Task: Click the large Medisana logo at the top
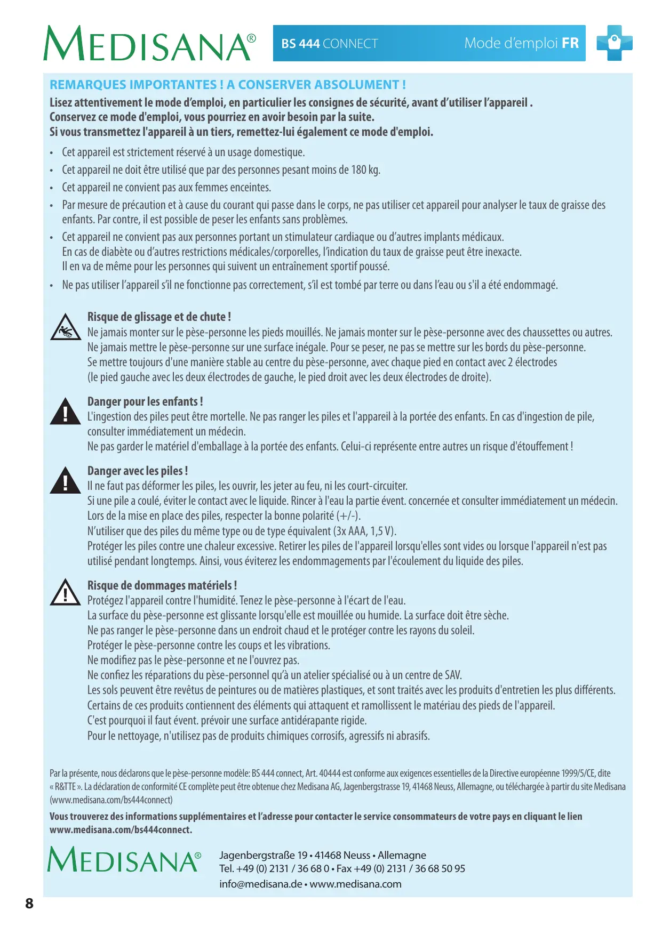pos(149,44)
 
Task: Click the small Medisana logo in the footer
pos(124,859)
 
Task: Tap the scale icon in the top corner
pos(615,43)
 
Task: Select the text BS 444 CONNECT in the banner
pos(330,44)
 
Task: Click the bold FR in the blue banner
pos(570,43)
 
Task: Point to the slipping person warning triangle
pos(65,327)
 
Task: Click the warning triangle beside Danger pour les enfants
pos(65,412)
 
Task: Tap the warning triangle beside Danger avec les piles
pos(65,481)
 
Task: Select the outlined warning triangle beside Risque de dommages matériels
pos(65,592)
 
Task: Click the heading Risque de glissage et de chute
pos(159,317)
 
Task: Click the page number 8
pos(29,903)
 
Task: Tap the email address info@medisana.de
pos(260,884)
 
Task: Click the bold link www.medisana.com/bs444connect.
pos(121,830)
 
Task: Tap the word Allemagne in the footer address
pos(402,855)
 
